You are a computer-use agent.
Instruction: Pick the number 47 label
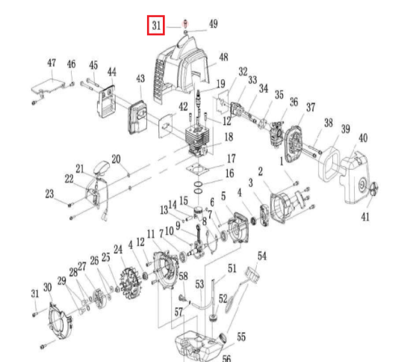(52, 62)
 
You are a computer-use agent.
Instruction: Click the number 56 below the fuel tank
(226, 358)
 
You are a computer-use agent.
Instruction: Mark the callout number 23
(50, 194)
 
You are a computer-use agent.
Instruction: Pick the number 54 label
(261, 256)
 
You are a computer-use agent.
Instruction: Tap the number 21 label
(80, 168)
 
